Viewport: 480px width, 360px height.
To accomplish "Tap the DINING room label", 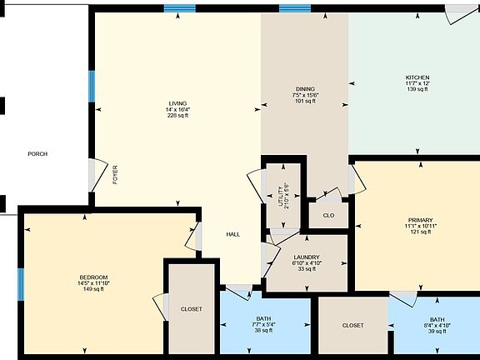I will (x=305, y=88).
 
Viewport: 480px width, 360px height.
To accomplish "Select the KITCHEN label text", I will (x=417, y=77).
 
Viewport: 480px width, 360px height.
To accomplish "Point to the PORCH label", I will (x=37, y=154).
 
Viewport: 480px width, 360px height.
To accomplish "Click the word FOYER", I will (x=115, y=174).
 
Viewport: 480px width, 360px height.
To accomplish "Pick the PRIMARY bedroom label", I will (x=420, y=220).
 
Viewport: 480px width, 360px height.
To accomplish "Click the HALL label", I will (x=233, y=234).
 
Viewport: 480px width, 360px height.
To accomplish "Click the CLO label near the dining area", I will (x=328, y=215).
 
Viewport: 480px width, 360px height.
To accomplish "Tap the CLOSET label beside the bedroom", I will (x=192, y=309).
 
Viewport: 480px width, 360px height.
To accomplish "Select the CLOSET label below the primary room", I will (x=352, y=325).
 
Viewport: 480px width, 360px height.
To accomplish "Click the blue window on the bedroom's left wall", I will (x=21, y=283).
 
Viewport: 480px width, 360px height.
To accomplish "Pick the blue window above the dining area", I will (x=294, y=8).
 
